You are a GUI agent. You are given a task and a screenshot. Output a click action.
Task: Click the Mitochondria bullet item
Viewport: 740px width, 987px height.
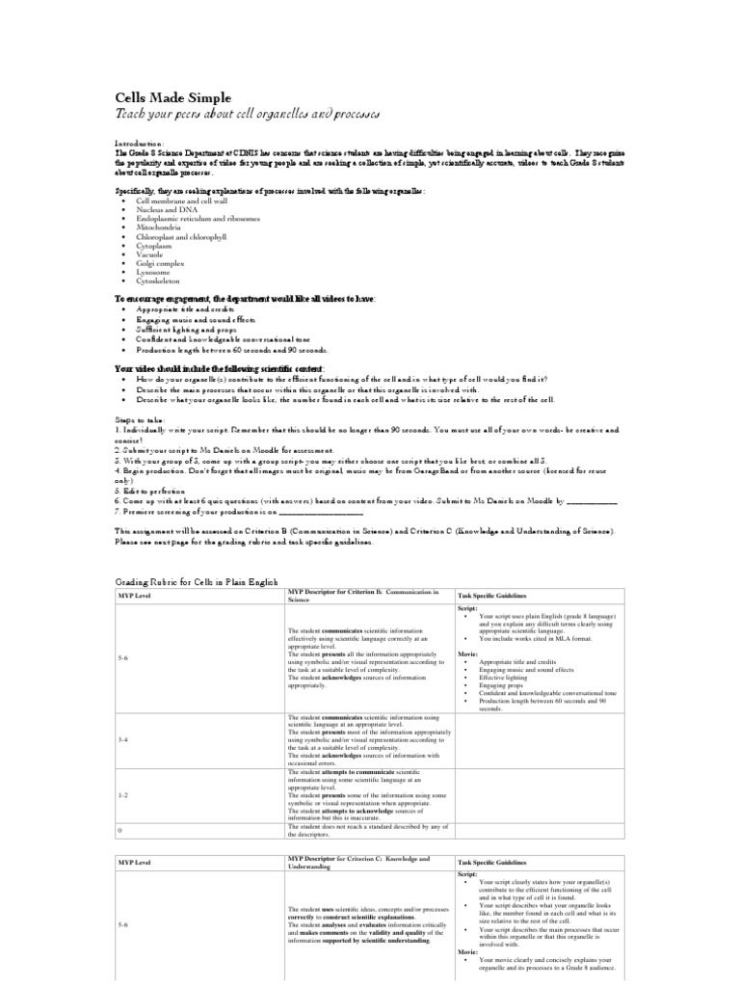point(164,227)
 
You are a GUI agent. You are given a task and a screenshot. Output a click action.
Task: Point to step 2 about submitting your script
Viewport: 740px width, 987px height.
point(225,449)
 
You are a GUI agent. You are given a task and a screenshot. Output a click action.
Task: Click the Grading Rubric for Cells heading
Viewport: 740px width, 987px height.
point(196,583)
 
